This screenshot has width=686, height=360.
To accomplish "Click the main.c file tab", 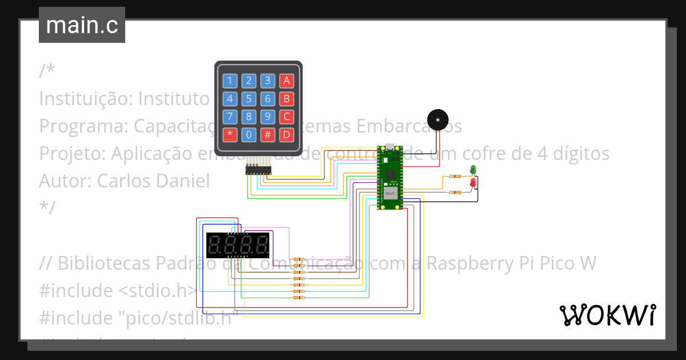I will point(82,25).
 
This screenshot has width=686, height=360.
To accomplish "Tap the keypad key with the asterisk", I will point(230,135).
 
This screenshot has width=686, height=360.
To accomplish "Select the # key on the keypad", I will point(268,135).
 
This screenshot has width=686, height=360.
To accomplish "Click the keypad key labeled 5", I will point(249,99).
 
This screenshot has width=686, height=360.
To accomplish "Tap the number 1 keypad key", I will point(230,81).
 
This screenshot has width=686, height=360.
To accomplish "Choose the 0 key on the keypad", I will point(249,135).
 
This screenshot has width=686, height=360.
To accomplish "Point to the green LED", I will point(473,169).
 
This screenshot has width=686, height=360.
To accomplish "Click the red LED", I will point(473,182).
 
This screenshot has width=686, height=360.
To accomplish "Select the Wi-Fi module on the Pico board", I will point(390,193).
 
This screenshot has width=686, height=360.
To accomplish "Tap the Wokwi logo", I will point(607,315).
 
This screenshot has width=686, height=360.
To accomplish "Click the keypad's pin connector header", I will point(259,170).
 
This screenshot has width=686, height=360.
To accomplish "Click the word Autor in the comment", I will point(65,181).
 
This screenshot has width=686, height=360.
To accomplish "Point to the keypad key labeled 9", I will point(268,117).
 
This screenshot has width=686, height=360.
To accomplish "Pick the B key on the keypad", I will point(286,99).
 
